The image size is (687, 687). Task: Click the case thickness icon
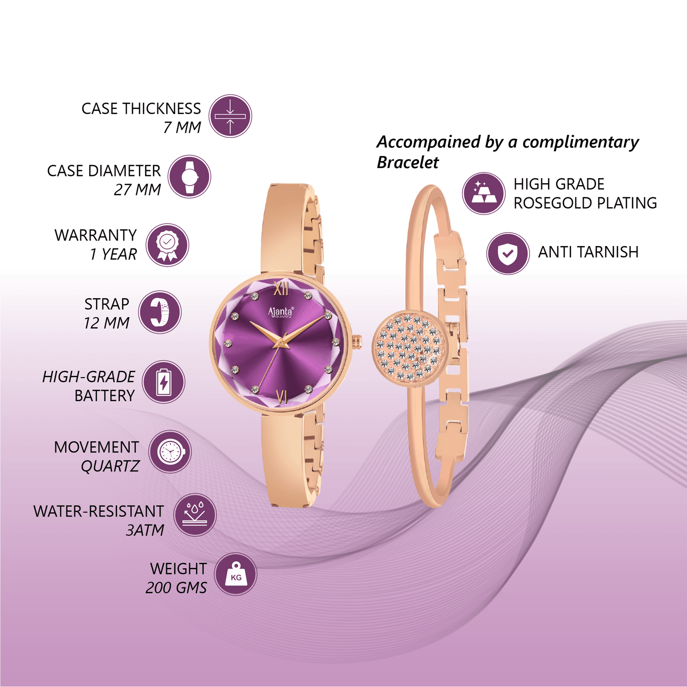230,116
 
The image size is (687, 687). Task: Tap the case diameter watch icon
189,176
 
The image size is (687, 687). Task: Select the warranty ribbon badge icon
167,245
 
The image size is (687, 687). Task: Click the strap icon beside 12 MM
159,312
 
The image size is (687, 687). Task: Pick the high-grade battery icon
163,382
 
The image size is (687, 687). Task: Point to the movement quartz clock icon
170,451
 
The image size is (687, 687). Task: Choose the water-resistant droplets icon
195,515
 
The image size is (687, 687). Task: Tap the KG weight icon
236,574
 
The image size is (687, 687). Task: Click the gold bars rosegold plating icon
484,193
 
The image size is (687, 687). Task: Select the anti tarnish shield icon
508,253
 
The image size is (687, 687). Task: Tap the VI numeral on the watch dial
282,396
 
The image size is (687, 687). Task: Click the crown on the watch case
357,340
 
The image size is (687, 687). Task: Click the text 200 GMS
176,587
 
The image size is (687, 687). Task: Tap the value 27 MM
137,190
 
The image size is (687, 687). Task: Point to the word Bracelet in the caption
407,163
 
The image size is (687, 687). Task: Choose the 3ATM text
145,530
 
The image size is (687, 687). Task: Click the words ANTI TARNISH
588,252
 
